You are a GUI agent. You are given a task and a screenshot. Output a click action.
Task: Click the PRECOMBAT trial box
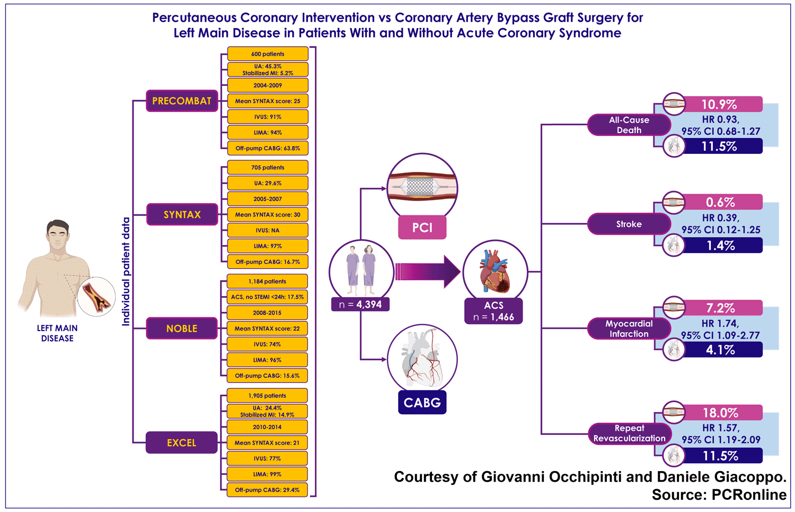[182, 101]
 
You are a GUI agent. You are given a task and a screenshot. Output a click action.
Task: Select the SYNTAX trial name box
[182, 214]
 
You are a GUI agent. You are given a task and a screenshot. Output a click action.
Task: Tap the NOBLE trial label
[182, 328]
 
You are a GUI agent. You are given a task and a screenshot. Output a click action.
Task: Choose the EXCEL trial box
[182, 442]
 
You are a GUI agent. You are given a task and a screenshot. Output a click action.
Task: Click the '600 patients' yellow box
[268, 54]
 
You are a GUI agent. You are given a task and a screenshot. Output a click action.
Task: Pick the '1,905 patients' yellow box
[267, 395]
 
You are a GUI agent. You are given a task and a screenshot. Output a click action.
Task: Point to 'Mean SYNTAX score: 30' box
[268, 214]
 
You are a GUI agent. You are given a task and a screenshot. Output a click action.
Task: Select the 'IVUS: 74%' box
[267, 344]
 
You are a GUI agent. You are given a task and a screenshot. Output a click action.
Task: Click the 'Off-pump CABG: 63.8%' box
[268, 148]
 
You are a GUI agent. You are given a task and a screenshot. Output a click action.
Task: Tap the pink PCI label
[422, 228]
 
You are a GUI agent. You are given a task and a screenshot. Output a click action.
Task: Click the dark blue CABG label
[422, 402]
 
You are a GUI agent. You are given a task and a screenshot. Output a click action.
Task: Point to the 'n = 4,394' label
[360, 305]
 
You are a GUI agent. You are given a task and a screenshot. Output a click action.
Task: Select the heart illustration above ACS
[495, 272]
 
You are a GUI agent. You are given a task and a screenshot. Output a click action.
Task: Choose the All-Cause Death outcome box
[629, 125]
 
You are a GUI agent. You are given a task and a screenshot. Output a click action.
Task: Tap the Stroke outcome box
[629, 224]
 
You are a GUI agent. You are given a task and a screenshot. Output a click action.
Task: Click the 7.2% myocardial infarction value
[720, 308]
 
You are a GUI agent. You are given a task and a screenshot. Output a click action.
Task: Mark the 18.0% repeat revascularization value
[720, 412]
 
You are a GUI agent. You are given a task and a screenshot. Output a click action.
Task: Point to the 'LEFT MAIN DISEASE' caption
[57, 333]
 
